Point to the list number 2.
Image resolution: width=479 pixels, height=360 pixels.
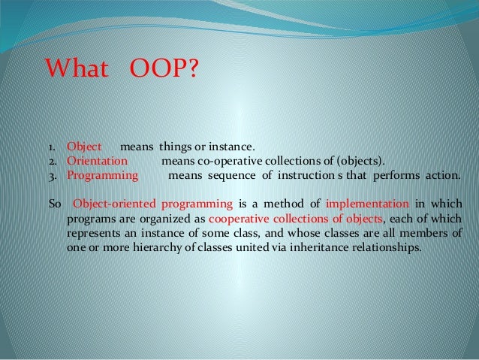click(x=52, y=162)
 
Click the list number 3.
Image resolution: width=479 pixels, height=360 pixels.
click(x=52, y=177)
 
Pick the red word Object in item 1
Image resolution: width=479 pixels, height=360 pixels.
click(x=84, y=147)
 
